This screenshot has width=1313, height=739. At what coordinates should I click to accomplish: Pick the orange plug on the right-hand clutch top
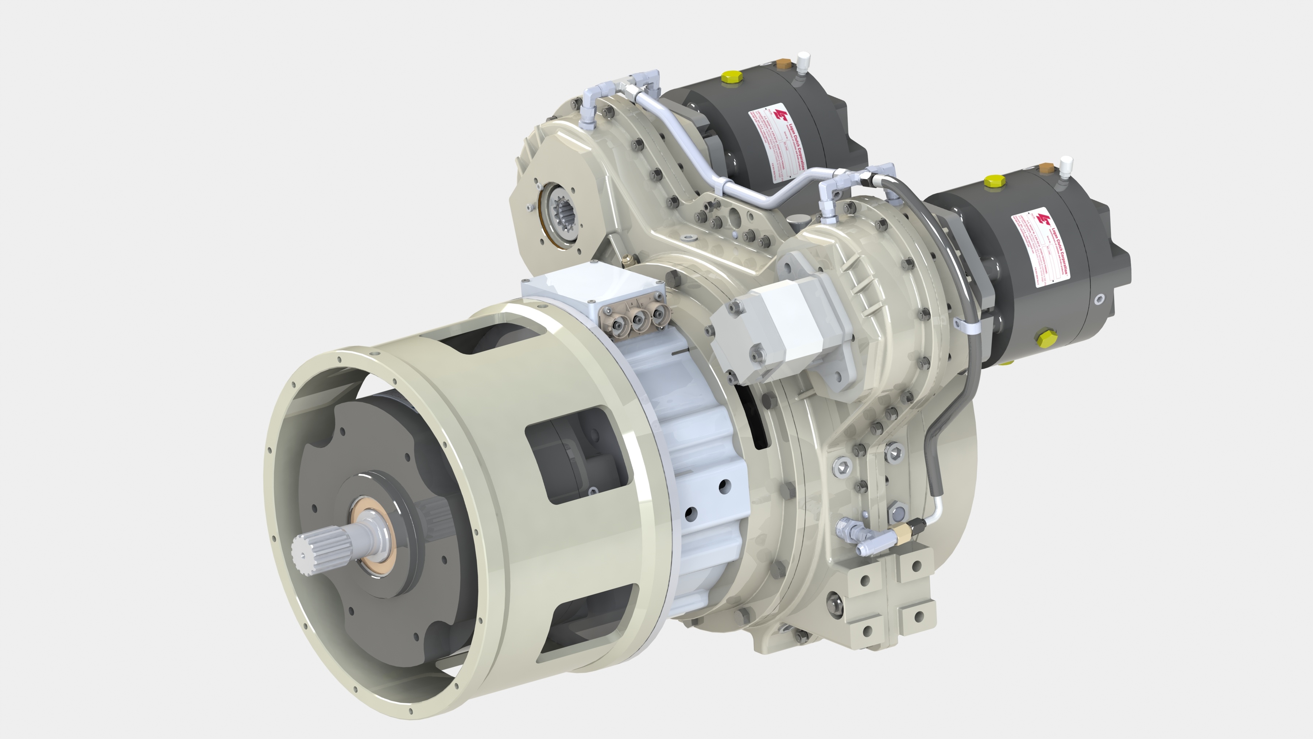tap(1046, 168)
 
